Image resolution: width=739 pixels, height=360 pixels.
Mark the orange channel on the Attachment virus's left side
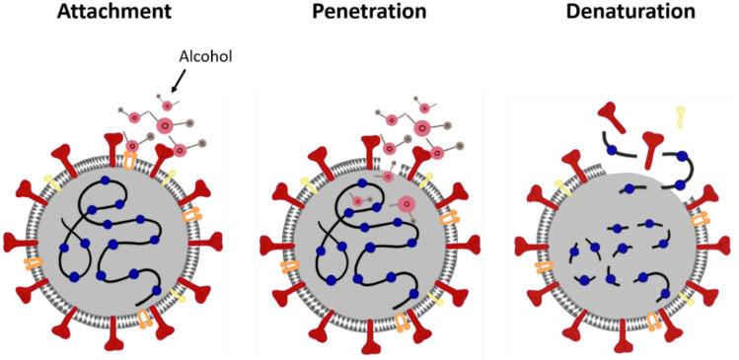coord(35,264)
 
